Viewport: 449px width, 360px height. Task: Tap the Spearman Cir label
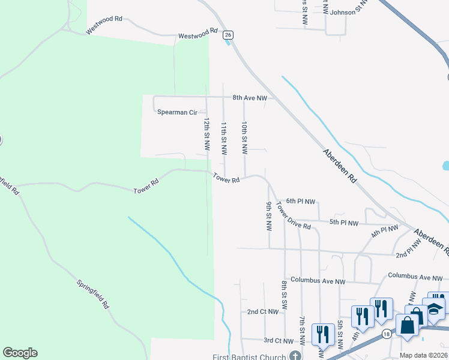pos(177,112)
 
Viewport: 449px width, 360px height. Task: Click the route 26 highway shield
pos(228,35)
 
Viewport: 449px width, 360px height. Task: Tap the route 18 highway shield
pos(386,334)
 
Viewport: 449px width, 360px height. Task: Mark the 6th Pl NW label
pos(301,202)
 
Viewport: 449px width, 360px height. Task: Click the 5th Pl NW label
pos(344,223)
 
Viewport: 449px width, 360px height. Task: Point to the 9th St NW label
pos(269,216)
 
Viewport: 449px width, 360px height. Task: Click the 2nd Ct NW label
pos(263,312)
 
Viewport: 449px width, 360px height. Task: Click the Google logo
pos(20,353)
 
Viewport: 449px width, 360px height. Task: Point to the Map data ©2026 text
pos(423,355)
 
